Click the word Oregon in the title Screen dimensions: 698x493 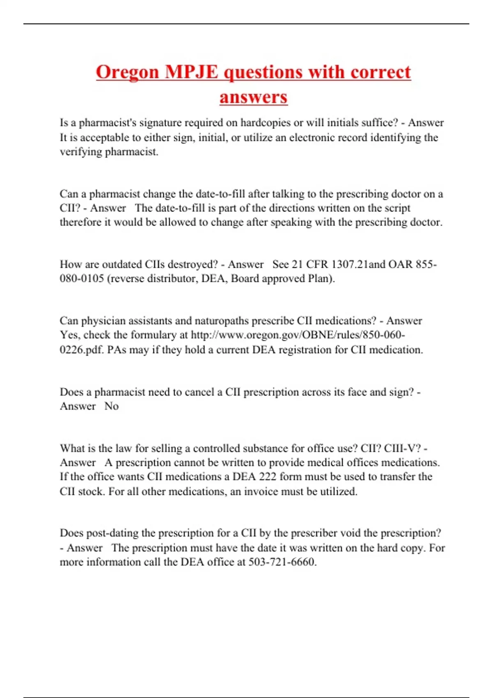coord(127,72)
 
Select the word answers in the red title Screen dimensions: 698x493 coord(253,97)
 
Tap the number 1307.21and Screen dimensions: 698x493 coord(358,264)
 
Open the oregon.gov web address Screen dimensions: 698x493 coord(298,335)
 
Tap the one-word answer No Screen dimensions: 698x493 coord(111,406)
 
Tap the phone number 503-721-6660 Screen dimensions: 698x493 coord(282,562)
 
